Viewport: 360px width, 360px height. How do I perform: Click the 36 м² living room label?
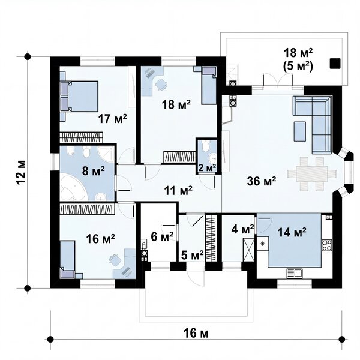click(x=262, y=181)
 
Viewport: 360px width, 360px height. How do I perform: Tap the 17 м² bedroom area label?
click(x=113, y=119)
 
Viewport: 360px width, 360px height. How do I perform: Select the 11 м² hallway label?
click(x=178, y=190)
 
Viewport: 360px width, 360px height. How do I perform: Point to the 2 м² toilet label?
click(x=207, y=168)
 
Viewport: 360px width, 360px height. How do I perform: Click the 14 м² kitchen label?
click(x=292, y=232)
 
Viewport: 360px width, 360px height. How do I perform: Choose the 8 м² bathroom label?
click(x=93, y=171)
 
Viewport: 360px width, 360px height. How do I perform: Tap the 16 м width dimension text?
click(x=196, y=333)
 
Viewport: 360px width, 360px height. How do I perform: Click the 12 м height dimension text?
click(x=21, y=172)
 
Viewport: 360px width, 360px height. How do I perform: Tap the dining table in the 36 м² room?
click(x=312, y=173)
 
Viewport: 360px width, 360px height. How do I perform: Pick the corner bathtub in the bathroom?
click(x=73, y=189)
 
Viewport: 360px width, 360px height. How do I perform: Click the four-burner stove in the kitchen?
click(x=327, y=245)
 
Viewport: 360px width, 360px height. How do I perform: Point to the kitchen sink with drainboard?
click(x=295, y=274)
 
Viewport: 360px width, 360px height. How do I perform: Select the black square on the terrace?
click(x=335, y=64)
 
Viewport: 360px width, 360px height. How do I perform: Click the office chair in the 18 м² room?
click(x=161, y=84)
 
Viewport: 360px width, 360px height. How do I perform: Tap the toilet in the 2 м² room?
click(x=205, y=146)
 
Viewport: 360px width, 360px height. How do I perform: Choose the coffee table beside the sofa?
click(x=300, y=131)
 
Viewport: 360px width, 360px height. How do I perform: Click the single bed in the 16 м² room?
click(x=67, y=259)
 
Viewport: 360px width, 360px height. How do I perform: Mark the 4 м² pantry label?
click(x=242, y=229)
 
